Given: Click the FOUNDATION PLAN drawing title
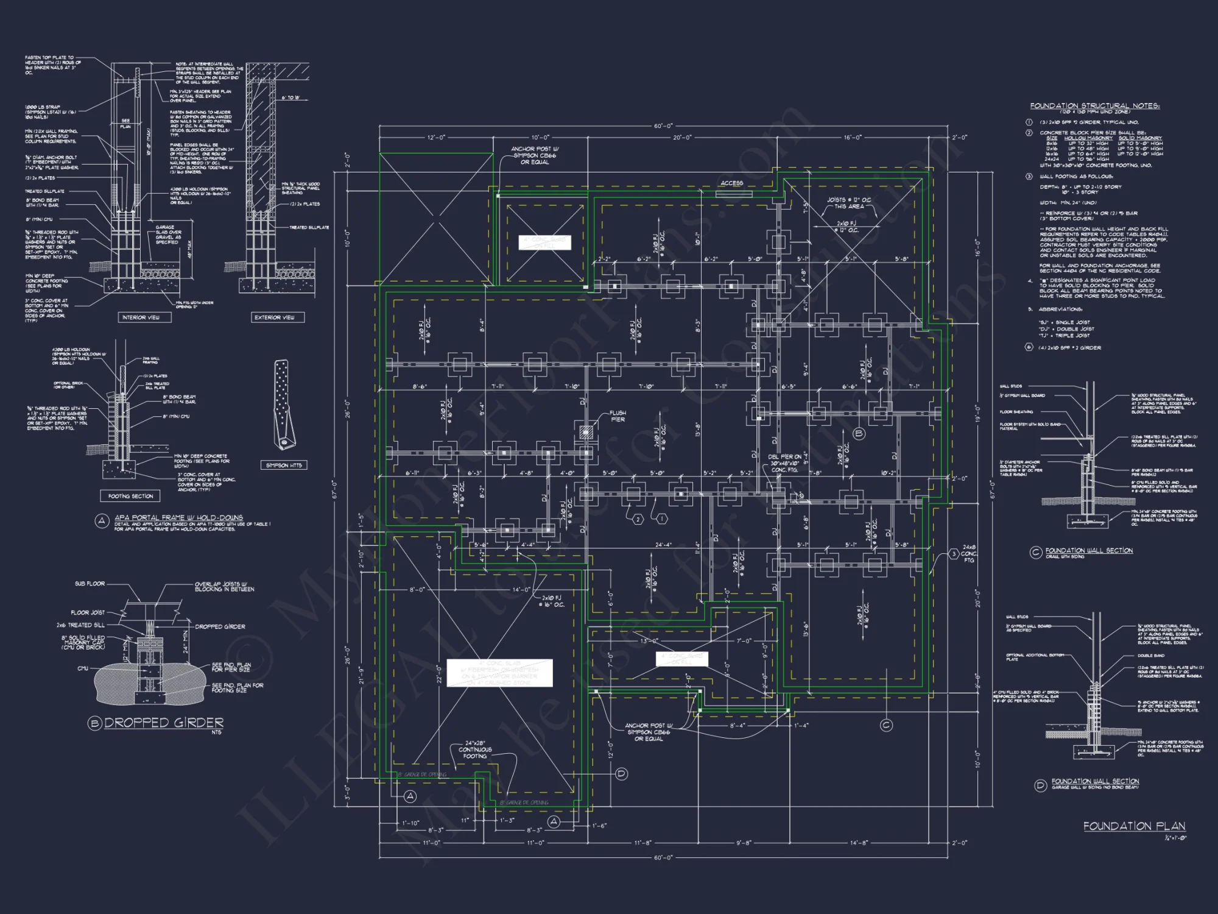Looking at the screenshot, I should coord(1134,826).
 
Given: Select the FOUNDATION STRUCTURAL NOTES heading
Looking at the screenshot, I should coord(1094,105).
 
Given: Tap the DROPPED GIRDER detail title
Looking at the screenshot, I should coord(164,723).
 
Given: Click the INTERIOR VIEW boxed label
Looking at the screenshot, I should coord(141,317).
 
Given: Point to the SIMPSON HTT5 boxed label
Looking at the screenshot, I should coord(284,465).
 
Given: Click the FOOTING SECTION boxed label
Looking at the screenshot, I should coord(130,496).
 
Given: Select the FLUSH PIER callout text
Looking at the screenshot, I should coord(618,416).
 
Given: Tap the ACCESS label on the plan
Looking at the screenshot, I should coord(731,183).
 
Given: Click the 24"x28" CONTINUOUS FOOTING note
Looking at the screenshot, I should coord(475,749).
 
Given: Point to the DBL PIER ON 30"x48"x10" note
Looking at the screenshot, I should coord(785,463).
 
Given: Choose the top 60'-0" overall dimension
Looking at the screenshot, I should coord(663,126).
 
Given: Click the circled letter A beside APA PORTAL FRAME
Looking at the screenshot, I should coord(102,520).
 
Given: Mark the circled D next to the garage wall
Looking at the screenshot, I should coord(621,774).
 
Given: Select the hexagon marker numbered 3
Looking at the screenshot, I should coord(954,554).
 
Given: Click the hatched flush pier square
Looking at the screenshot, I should coord(586,432).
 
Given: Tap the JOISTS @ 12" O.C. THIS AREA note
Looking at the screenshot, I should coord(848,203).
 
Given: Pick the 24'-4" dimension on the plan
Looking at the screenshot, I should coord(663,545).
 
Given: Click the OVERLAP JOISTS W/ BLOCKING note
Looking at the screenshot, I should coord(224,587).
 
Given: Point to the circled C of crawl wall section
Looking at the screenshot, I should coord(1035,552).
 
